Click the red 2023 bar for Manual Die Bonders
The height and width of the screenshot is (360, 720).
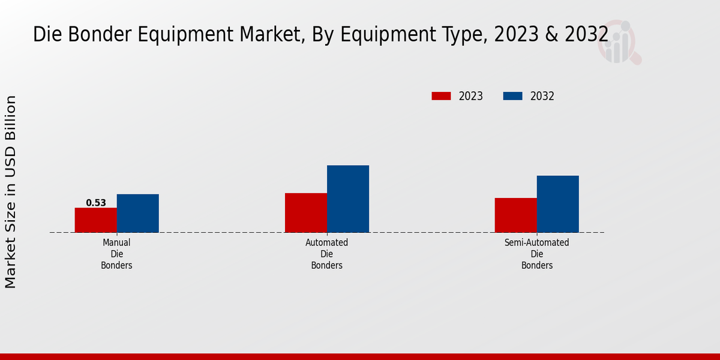(x=95, y=220)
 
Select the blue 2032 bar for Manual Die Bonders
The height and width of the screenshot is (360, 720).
(x=137, y=213)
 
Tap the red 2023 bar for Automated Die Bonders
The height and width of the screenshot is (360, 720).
(x=305, y=212)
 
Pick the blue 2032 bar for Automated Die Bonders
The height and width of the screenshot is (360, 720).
(x=347, y=199)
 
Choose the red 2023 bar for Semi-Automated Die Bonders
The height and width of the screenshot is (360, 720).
(x=515, y=215)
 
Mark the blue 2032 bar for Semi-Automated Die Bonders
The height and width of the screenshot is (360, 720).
(x=557, y=204)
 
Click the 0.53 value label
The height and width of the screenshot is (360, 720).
(x=96, y=203)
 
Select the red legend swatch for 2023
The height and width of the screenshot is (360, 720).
(x=441, y=96)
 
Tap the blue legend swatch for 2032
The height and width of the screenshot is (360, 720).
(x=512, y=96)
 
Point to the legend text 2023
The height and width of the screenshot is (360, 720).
(x=471, y=96)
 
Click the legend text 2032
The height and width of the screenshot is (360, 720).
(x=542, y=96)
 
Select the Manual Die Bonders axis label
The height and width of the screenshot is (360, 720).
(x=116, y=254)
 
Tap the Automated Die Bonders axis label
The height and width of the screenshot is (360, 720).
(x=326, y=254)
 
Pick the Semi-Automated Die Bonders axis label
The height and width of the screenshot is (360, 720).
(x=536, y=254)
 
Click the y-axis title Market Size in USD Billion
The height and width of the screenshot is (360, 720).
(x=11, y=191)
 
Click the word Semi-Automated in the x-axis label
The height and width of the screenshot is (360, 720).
(x=536, y=243)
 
